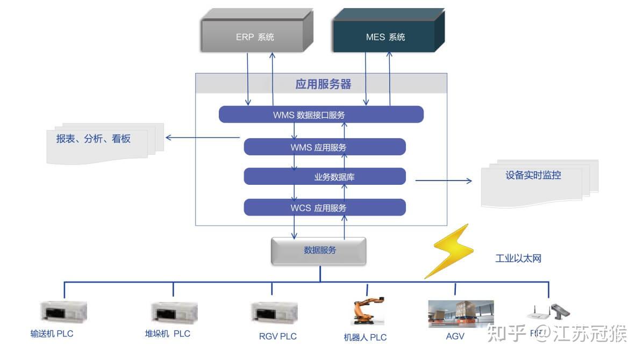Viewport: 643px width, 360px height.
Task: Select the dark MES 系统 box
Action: tap(385, 37)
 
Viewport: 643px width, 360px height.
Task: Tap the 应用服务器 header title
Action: tap(323, 84)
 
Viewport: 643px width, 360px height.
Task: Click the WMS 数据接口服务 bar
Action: tap(321, 114)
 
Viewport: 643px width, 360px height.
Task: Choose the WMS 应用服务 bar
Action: tap(324, 147)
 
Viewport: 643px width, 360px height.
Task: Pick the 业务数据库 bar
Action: tap(324, 176)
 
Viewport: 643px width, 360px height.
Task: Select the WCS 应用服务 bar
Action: tap(324, 207)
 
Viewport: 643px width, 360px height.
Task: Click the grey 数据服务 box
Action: tap(319, 251)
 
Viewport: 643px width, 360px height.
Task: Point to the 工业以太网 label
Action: tap(518, 259)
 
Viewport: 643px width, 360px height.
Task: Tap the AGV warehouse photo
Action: tap(460, 314)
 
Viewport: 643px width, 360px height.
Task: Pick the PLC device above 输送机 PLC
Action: tap(63, 312)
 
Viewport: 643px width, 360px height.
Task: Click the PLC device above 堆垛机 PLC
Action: tap(174, 312)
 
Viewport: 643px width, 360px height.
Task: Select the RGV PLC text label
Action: tap(277, 337)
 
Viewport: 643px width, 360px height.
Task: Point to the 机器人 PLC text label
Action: tap(365, 337)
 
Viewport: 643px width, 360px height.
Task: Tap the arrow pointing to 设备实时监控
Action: tap(443, 181)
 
